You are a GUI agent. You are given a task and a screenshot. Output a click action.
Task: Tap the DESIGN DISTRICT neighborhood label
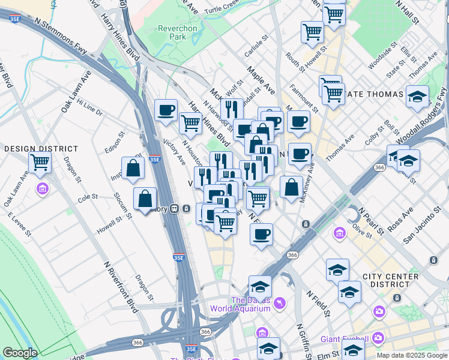[x=41, y=148]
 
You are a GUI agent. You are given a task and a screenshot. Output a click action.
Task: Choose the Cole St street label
[x=88, y=196]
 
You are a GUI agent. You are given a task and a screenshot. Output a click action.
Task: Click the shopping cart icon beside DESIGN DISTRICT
[x=40, y=161]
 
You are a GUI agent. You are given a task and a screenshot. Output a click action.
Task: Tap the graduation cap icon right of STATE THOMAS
[x=417, y=96]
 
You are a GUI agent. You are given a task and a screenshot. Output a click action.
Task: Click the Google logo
[x=20, y=353]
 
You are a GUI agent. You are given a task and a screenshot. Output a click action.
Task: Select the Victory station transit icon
[x=174, y=209]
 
